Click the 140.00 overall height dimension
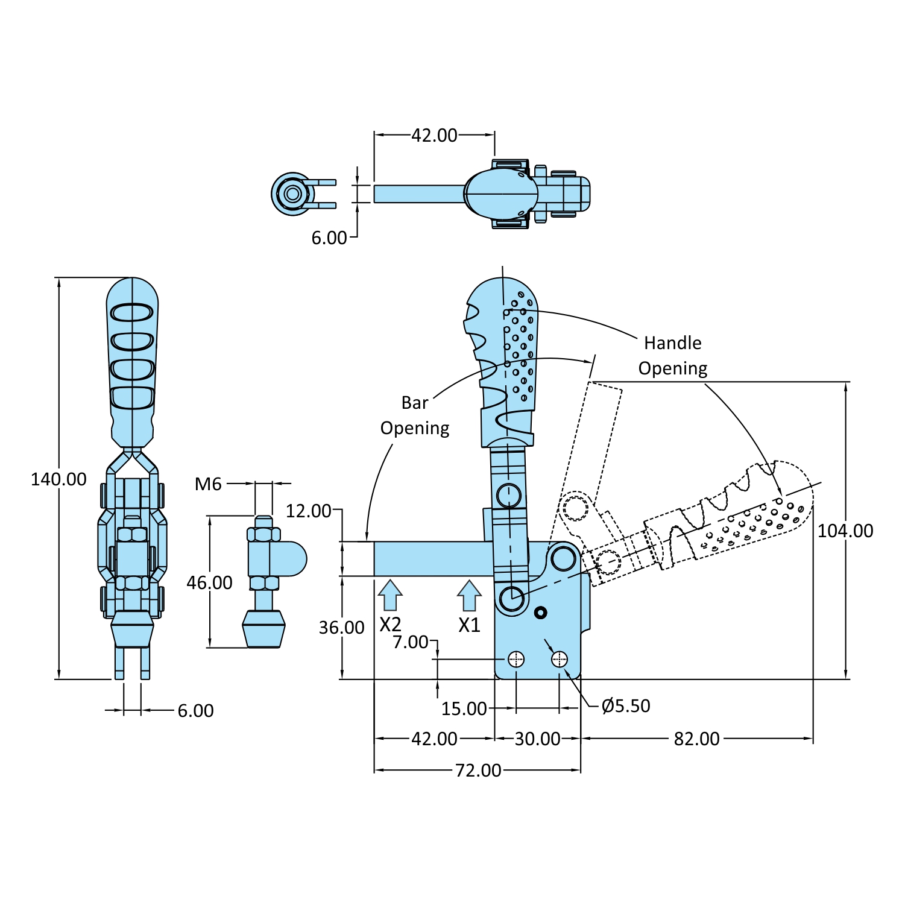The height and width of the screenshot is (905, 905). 58,479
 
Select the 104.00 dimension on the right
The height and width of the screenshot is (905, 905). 845,531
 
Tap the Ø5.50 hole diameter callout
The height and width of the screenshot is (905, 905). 626,705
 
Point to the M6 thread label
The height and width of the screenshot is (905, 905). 208,484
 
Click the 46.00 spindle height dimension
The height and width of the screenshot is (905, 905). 209,582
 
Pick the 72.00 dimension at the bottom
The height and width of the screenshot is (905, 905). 478,770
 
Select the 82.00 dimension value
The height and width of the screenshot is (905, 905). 696,739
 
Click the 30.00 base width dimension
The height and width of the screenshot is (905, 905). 537,739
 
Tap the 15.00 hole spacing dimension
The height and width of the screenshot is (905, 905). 464,708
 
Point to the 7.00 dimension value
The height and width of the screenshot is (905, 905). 410,642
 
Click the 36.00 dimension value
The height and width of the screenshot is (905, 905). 341,628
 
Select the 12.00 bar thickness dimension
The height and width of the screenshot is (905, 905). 308,511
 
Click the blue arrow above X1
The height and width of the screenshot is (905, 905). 469,595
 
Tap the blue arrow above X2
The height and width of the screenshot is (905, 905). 390,595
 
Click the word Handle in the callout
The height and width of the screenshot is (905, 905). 672,342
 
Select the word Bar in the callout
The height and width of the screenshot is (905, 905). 415,403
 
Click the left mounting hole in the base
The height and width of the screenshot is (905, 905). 516,659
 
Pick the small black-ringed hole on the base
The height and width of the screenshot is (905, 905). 541,613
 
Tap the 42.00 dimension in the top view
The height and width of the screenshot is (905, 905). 434,135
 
